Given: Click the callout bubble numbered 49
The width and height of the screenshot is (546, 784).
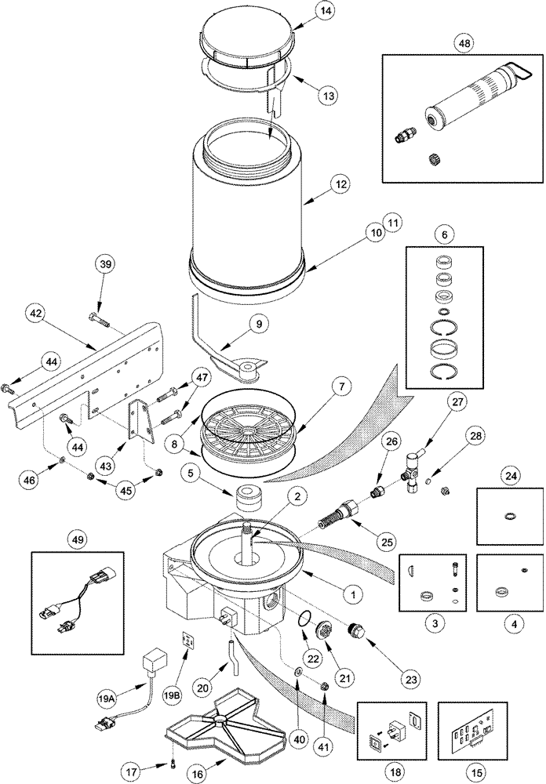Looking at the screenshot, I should point(79,539).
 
